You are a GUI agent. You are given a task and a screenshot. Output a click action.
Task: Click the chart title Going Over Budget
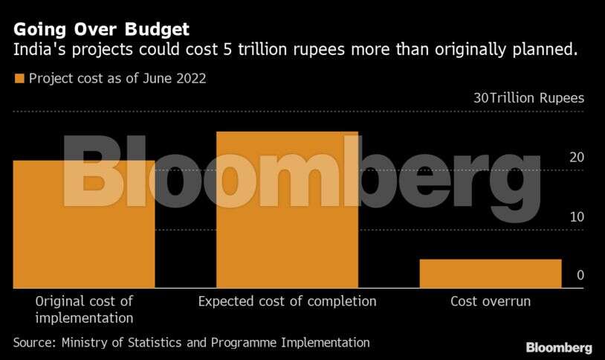pos(100,30)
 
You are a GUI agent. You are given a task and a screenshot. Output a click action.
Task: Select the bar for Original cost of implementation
pos(83,223)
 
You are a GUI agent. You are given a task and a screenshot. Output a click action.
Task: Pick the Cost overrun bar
pos(490,273)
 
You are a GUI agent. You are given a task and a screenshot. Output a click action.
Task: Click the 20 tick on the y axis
pos(577,157)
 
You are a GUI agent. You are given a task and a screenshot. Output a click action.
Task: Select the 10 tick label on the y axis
pos(577,216)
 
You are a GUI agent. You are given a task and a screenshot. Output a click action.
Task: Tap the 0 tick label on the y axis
pos(580,275)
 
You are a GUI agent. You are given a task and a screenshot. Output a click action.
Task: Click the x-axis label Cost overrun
pos(491,301)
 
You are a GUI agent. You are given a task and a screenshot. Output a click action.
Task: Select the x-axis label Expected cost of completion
pos(287,301)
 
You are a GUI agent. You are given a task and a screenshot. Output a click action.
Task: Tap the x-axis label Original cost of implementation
pos(84,309)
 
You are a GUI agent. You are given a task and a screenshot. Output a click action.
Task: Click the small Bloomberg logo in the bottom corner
pos(559,347)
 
